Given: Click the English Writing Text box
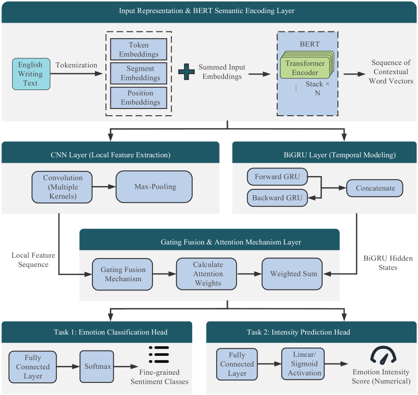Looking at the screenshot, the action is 31,74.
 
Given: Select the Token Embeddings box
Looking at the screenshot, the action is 139,49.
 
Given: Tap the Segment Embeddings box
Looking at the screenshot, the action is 139,74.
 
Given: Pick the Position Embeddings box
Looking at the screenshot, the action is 139,98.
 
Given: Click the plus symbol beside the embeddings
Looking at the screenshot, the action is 186,72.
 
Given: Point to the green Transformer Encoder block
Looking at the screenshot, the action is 305,68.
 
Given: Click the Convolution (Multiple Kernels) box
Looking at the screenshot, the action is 62,187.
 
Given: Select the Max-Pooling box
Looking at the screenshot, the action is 154,187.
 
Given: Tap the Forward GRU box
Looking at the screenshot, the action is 277,177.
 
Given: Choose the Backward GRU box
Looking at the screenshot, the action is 277,198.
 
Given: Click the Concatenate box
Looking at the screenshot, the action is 375,188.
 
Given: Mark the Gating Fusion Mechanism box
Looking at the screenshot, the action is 122,274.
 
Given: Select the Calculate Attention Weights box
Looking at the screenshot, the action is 206,274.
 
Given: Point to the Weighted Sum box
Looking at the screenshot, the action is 292,274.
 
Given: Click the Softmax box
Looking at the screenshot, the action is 97,366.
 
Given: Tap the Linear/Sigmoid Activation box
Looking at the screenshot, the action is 303,364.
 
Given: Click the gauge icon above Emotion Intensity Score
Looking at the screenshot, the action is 383,356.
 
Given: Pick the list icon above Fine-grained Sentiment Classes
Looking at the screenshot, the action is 159,354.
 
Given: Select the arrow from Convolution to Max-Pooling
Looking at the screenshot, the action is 104,187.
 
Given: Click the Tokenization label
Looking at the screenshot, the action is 76,65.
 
